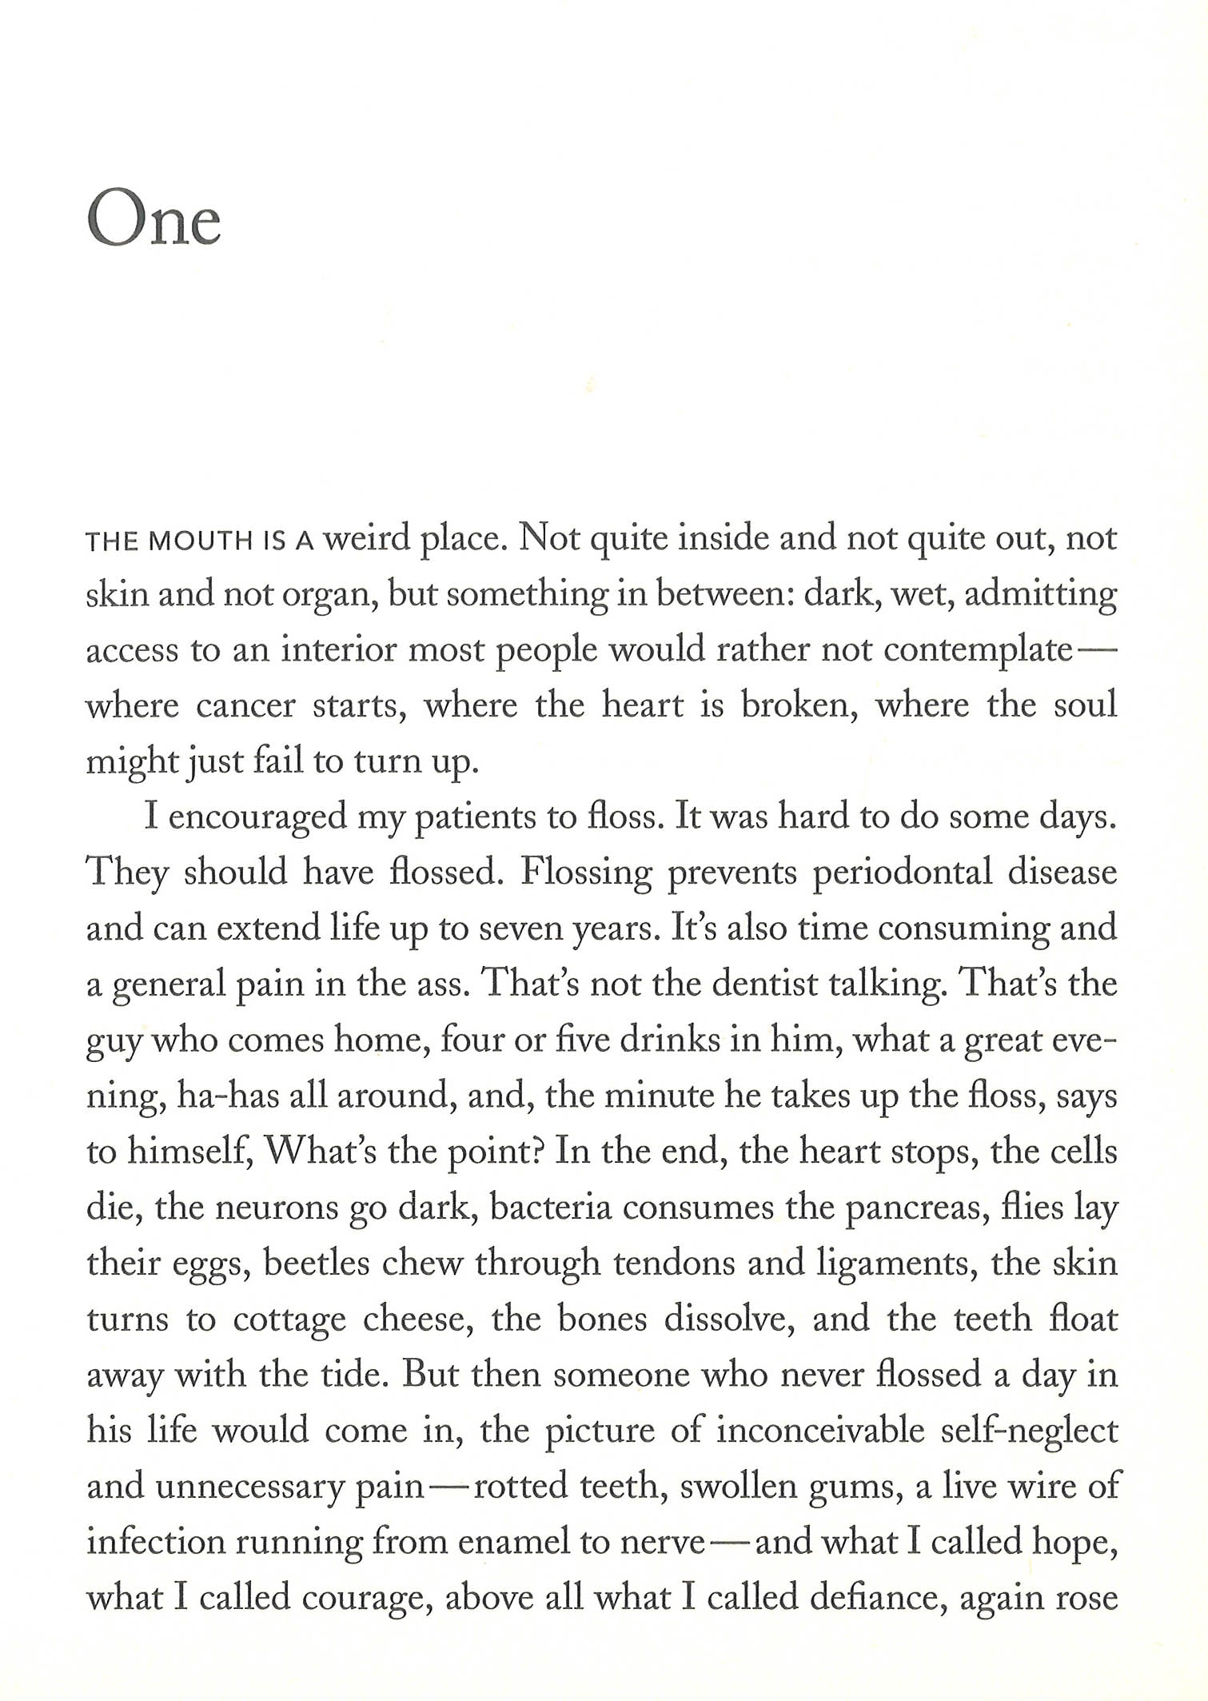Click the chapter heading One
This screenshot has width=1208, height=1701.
pos(153,218)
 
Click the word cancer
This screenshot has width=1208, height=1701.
pos(245,706)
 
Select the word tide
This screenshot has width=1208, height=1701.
pos(354,1375)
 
